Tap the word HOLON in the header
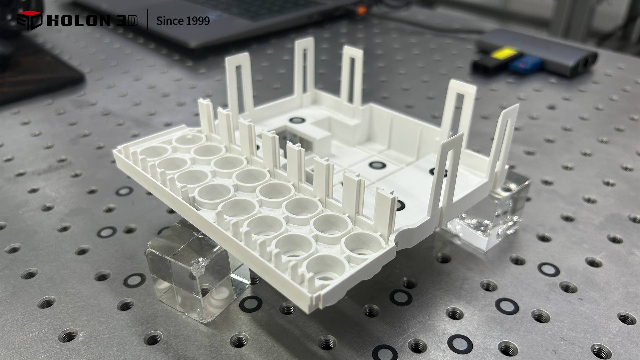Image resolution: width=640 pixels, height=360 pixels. pos(79,21)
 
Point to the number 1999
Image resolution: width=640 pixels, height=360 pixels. pos(196,21)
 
